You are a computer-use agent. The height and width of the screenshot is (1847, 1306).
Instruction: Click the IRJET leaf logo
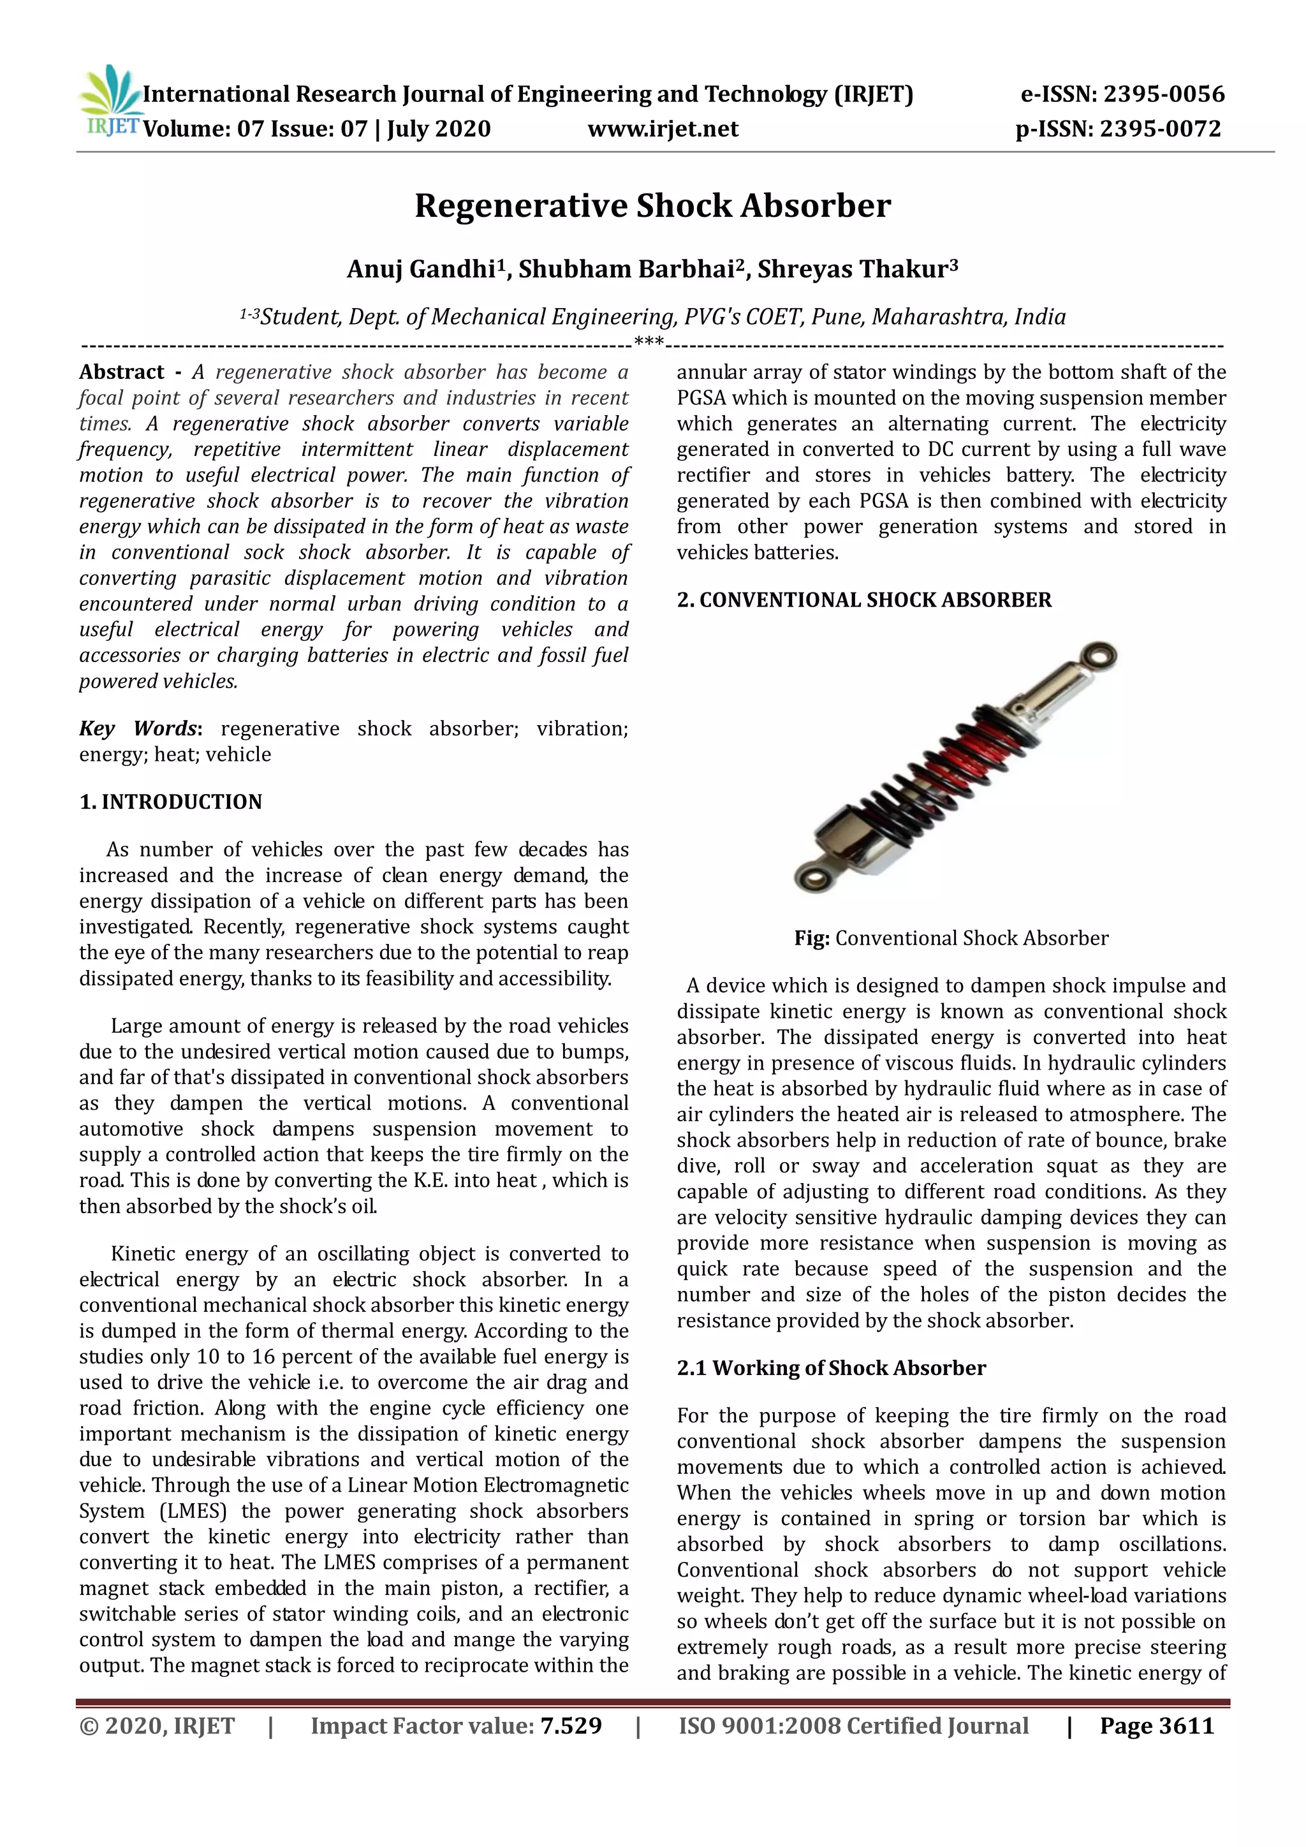[110, 98]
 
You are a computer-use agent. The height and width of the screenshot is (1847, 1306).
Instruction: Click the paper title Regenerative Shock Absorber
[652, 206]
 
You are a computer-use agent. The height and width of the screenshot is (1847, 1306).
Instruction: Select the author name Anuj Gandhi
[420, 270]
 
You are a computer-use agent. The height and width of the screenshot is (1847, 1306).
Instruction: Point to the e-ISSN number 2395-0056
[1164, 95]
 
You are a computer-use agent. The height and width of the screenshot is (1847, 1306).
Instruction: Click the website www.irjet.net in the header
[663, 129]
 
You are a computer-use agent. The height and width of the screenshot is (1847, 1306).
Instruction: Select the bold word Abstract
[121, 372]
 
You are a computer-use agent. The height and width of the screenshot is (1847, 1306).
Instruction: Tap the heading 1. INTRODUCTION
[170, 802]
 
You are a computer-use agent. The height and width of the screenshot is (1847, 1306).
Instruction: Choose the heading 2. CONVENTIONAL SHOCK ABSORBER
[863, 600]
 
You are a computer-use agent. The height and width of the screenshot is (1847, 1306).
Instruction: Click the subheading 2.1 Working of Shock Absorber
[831, 1369]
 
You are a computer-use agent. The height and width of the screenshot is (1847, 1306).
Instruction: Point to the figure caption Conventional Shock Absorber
[971, 939]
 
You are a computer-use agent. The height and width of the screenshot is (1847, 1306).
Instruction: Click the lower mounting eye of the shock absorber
[812, 875]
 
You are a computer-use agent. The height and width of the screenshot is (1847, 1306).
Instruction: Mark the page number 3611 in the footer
[1186, 1726]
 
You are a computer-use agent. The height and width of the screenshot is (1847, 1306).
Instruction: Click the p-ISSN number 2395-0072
[1159, 129]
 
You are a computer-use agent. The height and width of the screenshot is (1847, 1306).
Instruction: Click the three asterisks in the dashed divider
[648, 342]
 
